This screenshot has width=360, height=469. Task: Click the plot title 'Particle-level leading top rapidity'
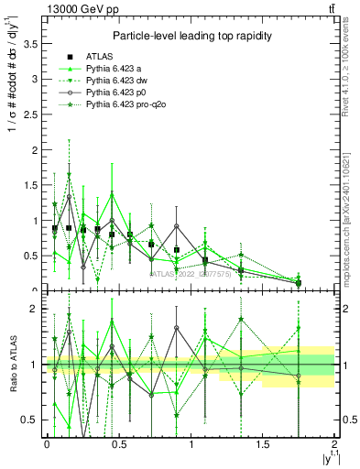click(x=189, y=36)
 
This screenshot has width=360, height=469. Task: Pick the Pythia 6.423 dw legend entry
click(x=121, y=81)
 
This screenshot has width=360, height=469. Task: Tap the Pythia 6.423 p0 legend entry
click(x=120, y=93)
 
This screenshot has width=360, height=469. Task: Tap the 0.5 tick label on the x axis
click(x=118, y=445)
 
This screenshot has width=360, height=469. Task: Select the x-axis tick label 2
click(x=334, y=445)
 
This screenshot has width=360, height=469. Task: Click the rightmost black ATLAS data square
click(x=299, y=283)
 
